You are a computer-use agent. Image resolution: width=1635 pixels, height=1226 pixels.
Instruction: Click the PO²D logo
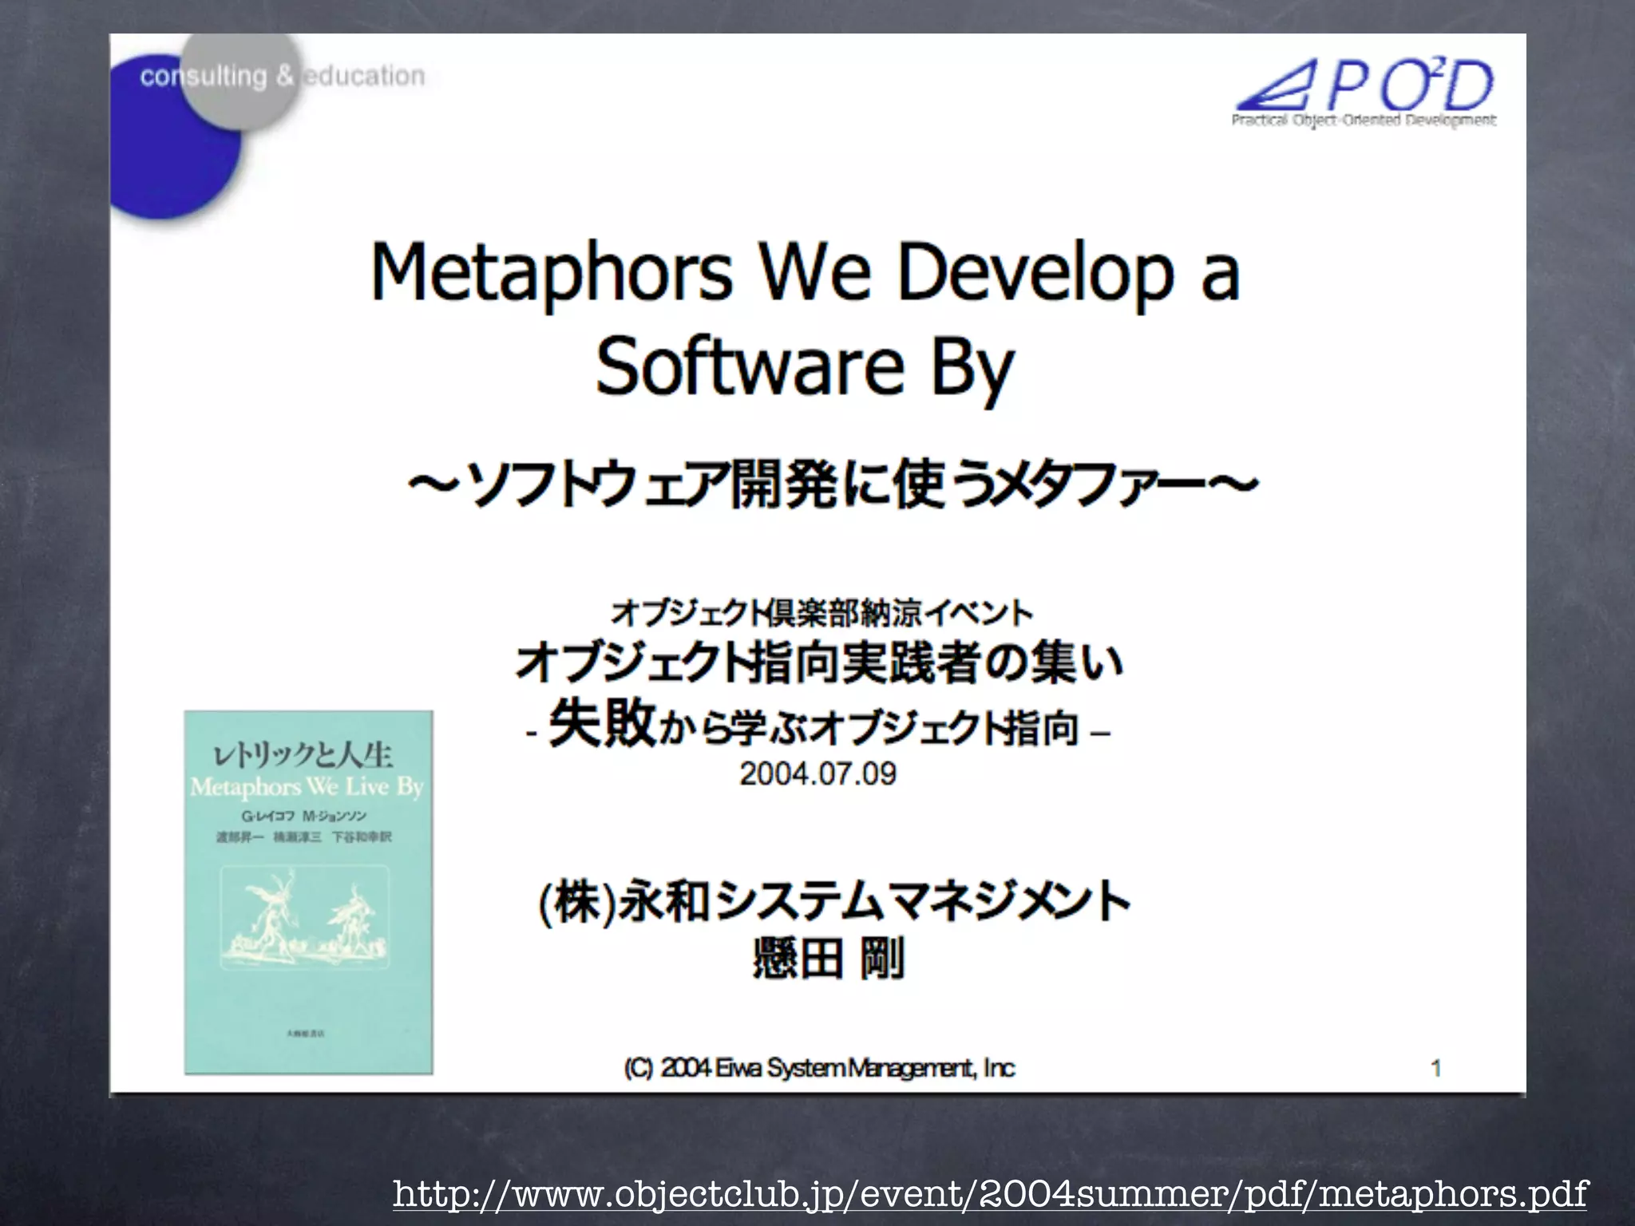point(1365,85)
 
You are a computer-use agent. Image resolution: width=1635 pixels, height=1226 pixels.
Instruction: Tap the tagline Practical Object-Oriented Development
point(1364,121)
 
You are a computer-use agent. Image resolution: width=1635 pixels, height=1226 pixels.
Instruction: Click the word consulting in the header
point(204,77)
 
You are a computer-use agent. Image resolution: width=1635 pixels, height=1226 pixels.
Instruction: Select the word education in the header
point(365,77)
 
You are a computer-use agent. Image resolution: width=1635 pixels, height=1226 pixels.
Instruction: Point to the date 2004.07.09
point(817,773)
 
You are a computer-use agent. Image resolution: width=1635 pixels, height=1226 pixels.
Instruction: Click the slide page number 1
point(1435,1068)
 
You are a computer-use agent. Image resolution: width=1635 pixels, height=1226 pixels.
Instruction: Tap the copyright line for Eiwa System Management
point(819,1068)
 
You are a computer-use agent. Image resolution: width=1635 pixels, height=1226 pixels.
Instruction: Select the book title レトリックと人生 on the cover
point(303,754)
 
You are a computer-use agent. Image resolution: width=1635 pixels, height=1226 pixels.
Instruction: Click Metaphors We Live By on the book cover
point(307,787)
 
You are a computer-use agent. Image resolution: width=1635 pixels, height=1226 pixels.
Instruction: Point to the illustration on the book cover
point(307,918)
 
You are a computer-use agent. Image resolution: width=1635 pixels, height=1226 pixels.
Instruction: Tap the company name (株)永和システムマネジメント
point(834,902)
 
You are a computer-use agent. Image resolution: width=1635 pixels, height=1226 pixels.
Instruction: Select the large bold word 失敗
point(602,725)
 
